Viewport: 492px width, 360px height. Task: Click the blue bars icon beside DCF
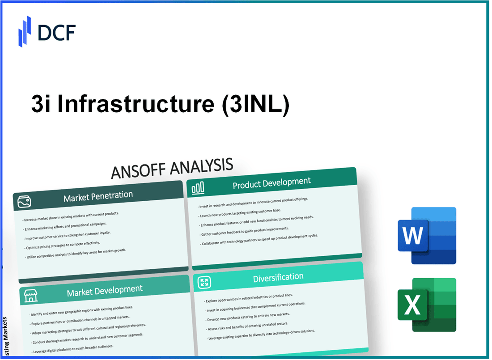point(25,31)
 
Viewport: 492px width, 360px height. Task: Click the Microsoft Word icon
point(427,236)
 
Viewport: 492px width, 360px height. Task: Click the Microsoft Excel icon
point(427,305)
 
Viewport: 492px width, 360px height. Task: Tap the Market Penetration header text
point(98,195)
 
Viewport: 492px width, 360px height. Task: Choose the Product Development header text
point(272,182)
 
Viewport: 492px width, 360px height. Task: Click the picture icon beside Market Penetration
point(24,202)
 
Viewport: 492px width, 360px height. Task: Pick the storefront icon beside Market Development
point(30,296)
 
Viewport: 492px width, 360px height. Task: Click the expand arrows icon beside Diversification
point(204,282)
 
